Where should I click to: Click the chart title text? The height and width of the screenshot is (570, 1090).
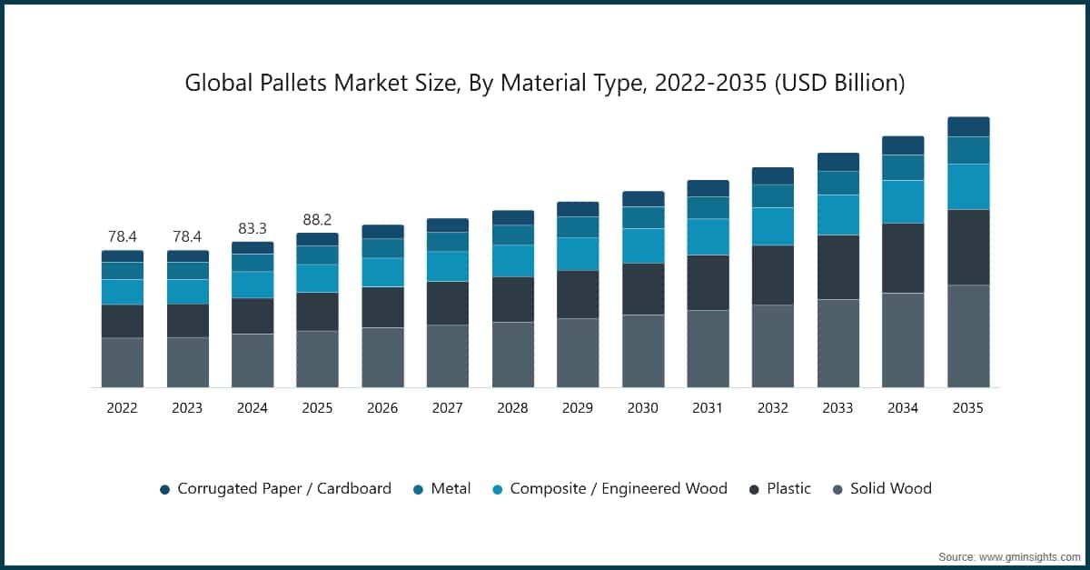tap(545, 83)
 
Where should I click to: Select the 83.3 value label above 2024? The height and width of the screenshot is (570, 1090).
tap(252, 228)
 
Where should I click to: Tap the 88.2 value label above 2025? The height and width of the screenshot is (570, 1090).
tap(317, 219)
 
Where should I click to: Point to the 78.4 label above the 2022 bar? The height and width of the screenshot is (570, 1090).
tap(122, 236)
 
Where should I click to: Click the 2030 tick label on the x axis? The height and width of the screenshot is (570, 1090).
tap(642, 408)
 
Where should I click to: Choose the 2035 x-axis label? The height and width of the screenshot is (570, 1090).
tap(968, 408)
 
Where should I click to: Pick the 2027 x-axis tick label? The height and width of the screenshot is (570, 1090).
tap(447, 408)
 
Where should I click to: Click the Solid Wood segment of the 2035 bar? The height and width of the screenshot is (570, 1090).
tap(968, 336)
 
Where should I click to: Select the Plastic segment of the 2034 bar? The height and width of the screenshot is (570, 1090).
tap(903, 258)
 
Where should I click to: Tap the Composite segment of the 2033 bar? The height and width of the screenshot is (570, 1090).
tap(837, 215)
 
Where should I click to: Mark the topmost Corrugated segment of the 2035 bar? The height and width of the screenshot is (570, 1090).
tap(968, 126)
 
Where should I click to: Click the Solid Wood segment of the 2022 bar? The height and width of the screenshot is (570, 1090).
tap(122, 363)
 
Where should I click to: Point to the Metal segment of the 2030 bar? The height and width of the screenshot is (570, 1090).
tap(642, 217)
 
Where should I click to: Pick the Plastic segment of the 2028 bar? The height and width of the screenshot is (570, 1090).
tap(512, 299)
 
